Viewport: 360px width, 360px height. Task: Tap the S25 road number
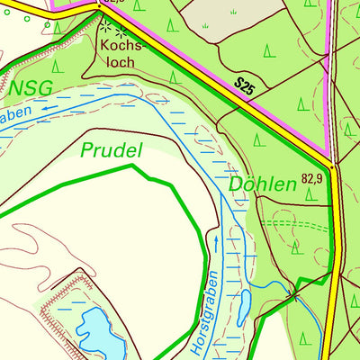tap(245, 87)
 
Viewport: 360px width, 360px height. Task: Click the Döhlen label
tap(263, 185)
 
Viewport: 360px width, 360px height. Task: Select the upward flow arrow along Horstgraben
tap(216, 242)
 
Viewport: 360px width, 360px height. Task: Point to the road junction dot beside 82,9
tap(332, 166)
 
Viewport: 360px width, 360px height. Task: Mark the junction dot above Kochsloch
tap(99, 5)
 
